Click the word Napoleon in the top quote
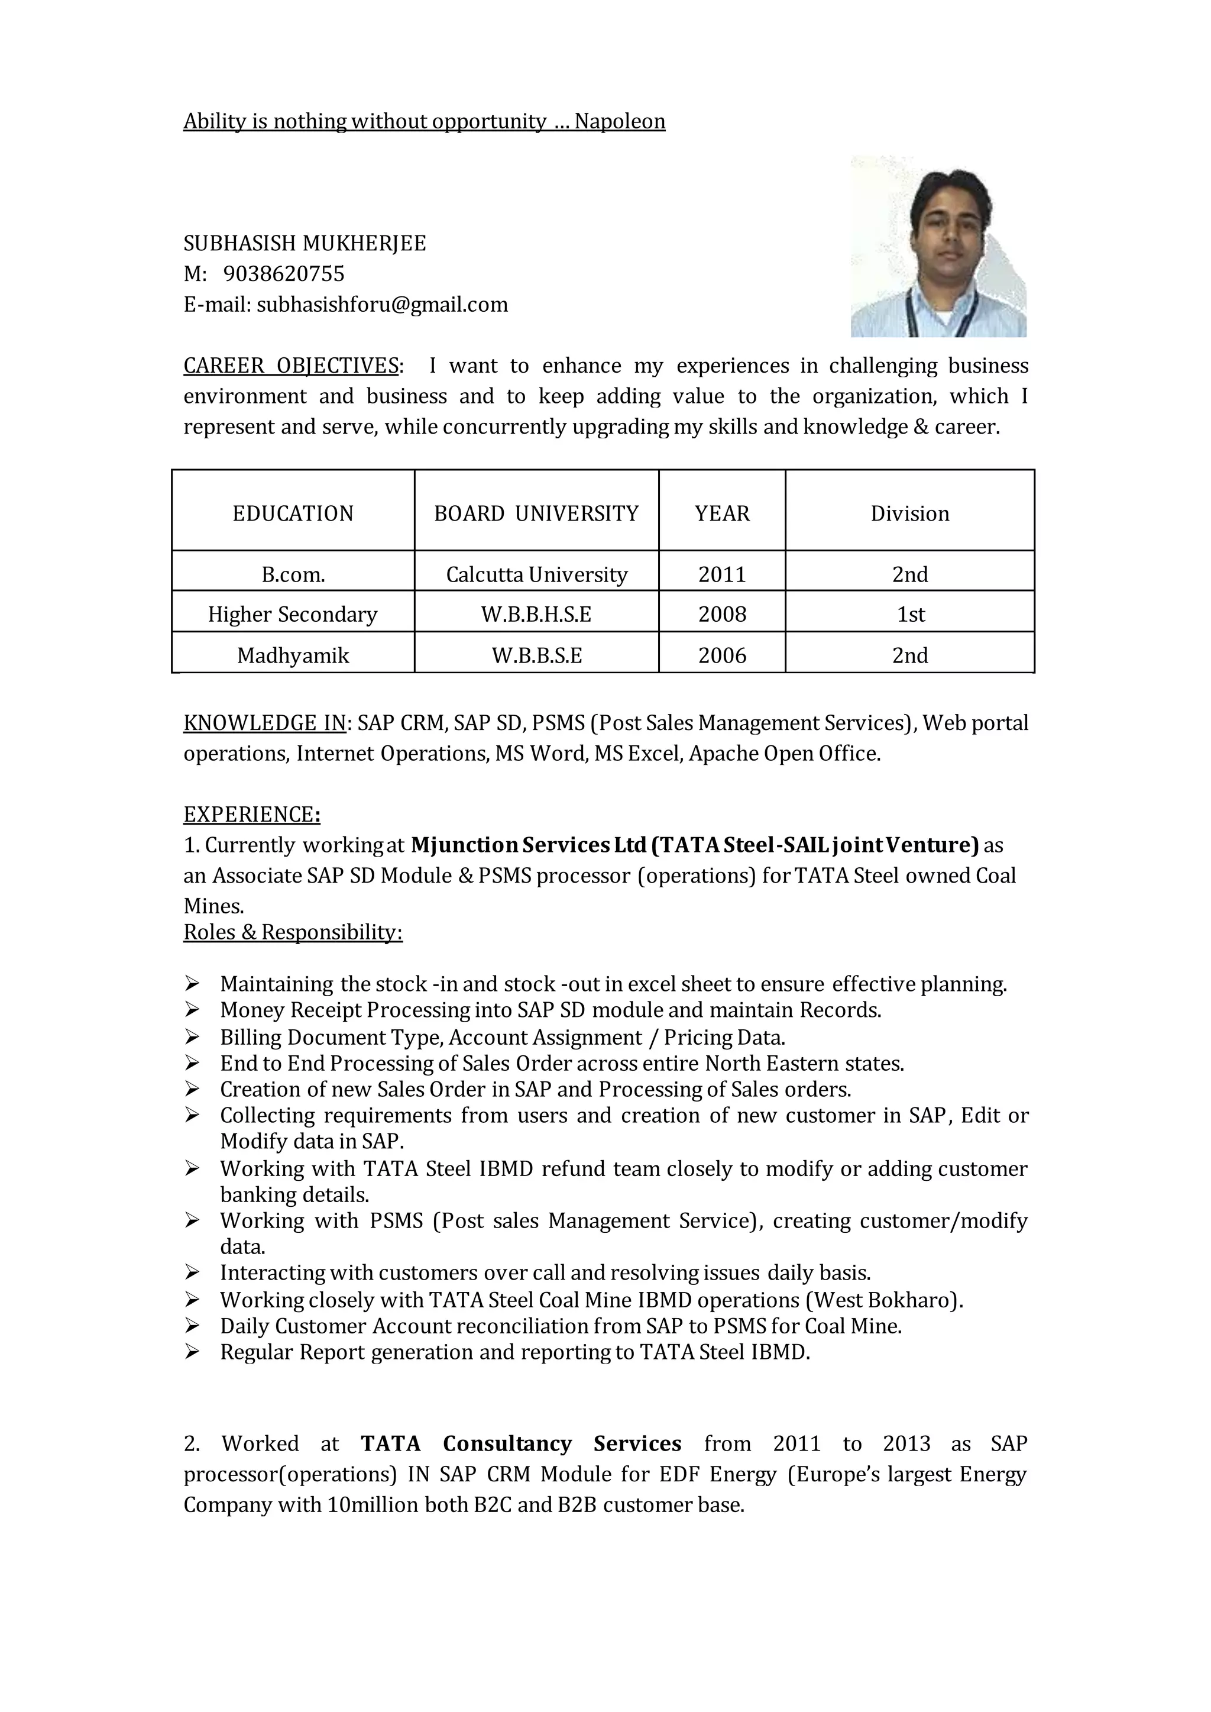619,122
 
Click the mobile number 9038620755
283,274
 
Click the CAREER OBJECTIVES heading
291,366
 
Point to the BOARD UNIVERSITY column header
536,514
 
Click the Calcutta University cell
536,575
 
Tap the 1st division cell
910,615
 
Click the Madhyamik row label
293,655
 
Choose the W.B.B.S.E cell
536,655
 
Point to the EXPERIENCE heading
251,815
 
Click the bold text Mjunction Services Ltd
528,845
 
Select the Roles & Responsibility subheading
293,932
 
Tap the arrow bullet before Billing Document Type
192,1038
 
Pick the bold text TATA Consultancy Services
520,1443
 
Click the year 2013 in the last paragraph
906,1443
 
